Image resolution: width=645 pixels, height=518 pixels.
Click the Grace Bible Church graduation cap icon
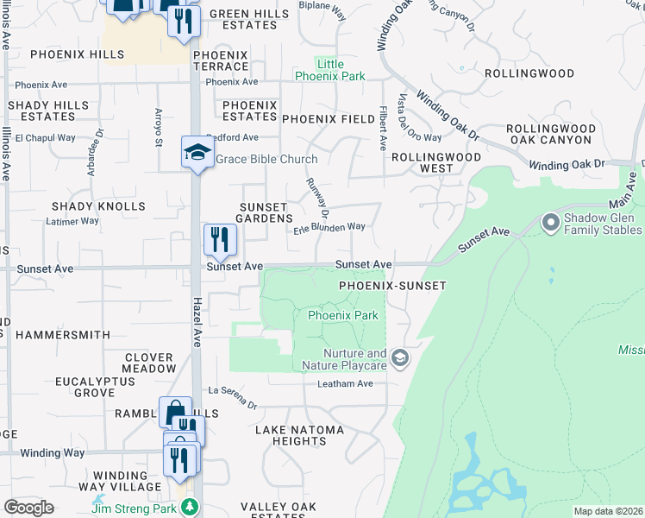coord(197,153)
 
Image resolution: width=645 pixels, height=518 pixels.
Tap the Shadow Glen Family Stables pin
coord(551,224)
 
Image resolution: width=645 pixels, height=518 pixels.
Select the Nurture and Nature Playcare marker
coord(399,357)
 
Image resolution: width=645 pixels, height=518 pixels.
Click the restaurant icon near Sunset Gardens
coord(220,239)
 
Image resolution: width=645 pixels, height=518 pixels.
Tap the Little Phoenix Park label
coord(330,70)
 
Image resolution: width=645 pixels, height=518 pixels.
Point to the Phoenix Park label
coord(342,315)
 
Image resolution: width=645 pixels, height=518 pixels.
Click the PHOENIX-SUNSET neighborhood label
coord(392,285)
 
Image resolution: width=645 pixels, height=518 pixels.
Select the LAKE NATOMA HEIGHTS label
coord(300,435)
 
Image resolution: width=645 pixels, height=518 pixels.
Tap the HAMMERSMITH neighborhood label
coord(63,334)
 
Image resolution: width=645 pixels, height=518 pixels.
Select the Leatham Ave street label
coord(345,383)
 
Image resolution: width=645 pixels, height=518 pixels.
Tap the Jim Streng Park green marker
coord(197,509)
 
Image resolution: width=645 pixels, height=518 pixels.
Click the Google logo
coord(29,508)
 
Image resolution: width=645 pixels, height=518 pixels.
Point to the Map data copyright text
coord(607,511)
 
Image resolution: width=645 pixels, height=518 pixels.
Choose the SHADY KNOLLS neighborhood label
coord(98,206)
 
